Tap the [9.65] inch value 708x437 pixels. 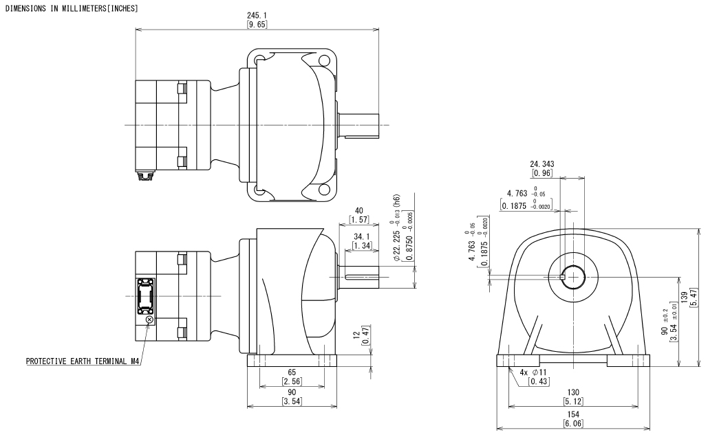[x=257, y=24]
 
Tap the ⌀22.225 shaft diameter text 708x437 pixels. [x=396, y=228]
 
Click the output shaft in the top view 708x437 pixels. [x=362, y=124]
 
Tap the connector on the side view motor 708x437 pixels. [x=146, y=296]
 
